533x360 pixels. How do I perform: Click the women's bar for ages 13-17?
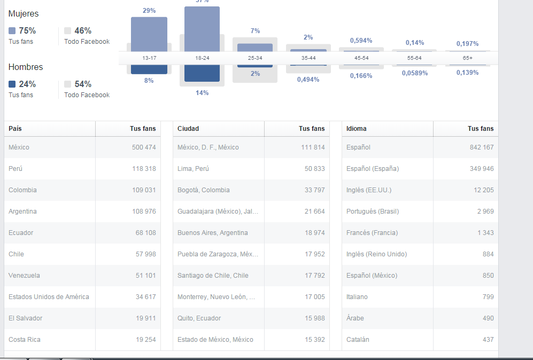click(x=149, y=34)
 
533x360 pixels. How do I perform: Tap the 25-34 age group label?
click(x=255, y=58)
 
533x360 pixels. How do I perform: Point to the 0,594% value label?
click(x=361, y=41)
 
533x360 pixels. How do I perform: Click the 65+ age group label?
click(x=468, y=58)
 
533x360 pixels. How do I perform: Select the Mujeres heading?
click(x=24, y=14)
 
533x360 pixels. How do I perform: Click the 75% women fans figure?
click(x=27, y=31)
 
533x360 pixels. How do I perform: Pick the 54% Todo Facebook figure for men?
click(x=83, y=84)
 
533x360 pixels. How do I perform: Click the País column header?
click(x=15, y=129)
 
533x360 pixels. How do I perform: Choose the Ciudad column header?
click(x=188, y=129)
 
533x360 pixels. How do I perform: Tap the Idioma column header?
click(x=357, y=129)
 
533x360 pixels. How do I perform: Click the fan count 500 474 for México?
click(x=144, y=147)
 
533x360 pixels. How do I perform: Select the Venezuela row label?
click(x=24, y=276)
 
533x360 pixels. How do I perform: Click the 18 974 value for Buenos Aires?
click(x=315, y=233)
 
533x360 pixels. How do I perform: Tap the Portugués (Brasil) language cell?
click(x=372, y=212)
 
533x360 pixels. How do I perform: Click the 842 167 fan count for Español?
click(x=482, y=147)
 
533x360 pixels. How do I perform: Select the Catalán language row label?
click(x=358, y=340)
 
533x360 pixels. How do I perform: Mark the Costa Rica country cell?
click(x=25, y=340)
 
